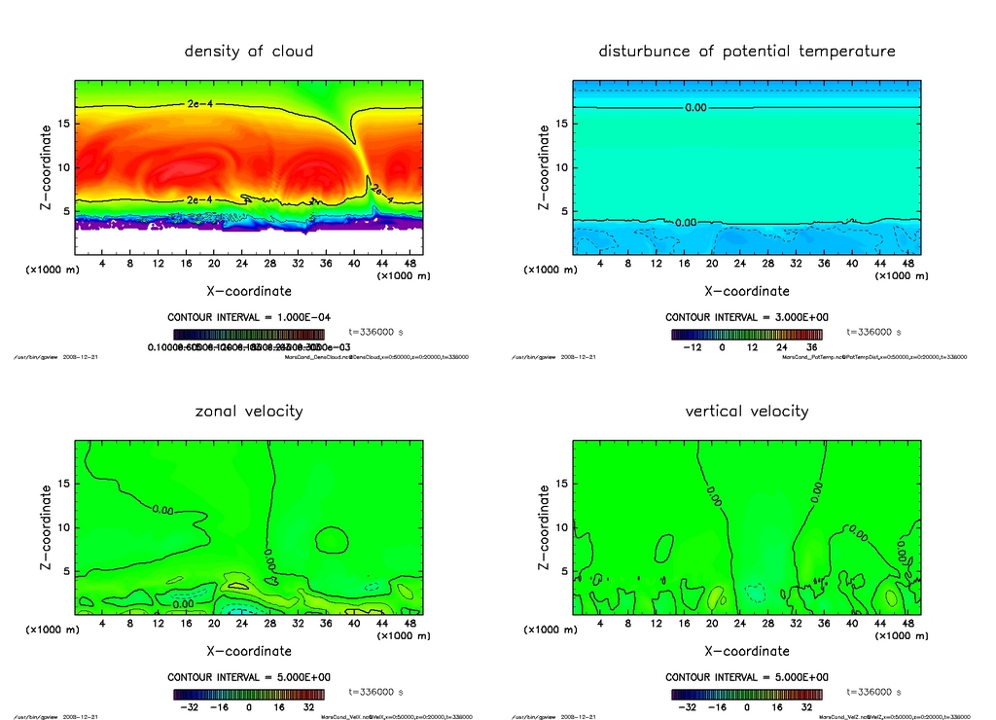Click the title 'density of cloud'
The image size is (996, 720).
[249, 51]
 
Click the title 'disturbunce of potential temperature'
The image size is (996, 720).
[747, 51]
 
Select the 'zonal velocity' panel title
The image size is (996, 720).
[249, 411]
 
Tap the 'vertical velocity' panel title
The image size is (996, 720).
[747, 411]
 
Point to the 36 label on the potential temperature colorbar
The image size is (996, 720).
[810, 346]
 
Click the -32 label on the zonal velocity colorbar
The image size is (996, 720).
[191, 707]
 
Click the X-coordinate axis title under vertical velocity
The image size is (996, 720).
[747, 651]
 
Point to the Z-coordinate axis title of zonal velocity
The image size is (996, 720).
[45, 528]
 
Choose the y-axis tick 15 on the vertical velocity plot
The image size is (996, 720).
[561, 484]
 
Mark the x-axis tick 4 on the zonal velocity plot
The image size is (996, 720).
[102, 625]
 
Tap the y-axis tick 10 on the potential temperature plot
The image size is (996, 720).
[561, 167]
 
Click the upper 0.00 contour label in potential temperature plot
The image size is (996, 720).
[695, 107]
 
